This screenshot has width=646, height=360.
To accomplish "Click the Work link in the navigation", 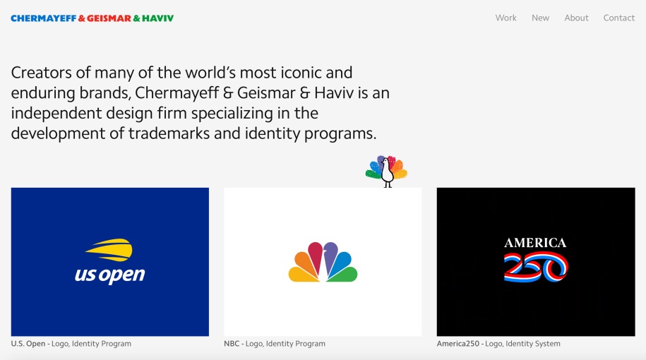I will coord(506,18).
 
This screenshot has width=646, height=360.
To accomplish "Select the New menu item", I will coord(540,18).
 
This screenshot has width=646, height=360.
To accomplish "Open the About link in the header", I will coord(576,18).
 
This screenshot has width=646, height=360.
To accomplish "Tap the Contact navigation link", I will coord(618,18).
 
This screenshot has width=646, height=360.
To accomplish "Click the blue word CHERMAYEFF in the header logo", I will coord(42,18).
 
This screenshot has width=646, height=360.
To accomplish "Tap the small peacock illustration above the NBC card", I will coord(386,171).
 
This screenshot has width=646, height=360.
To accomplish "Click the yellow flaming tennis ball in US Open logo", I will coord(109,250).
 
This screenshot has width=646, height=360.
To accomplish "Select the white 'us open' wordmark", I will coord(109,275).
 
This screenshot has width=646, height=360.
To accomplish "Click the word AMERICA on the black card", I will coord(535,243).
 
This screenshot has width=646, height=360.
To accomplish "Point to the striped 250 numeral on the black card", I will coord(535,268).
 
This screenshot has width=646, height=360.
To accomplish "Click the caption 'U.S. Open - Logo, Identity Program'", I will coord(71,344).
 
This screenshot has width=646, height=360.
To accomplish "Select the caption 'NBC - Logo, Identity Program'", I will coord(274,344).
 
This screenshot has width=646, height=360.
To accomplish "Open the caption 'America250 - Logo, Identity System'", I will coord(498,344).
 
